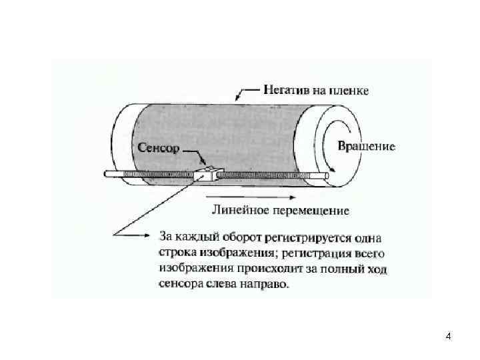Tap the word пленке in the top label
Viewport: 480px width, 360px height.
(x=347, y=89)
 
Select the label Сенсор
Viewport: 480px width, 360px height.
(x=158, y=148)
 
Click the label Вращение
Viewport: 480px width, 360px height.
(x=367, y=146)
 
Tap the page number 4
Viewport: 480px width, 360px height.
(x=448, y=336)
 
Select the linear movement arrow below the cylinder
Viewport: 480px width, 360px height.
(x=251, y=197)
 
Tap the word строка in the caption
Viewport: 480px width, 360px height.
(x=176, y=253)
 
